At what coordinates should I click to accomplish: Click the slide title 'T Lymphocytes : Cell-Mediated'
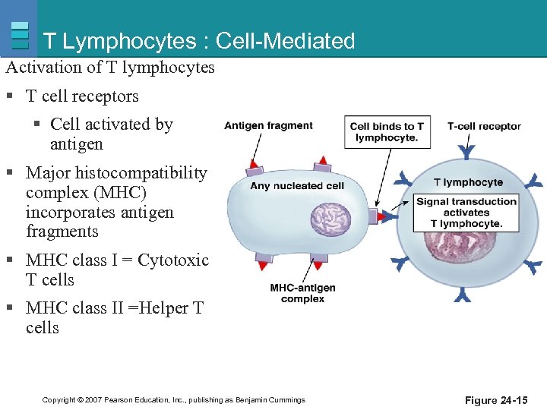199,40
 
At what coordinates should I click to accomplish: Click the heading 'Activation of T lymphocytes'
110,68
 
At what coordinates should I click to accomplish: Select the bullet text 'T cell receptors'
82,96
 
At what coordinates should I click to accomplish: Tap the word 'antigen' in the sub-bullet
76,144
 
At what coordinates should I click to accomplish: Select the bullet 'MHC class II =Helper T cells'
114,318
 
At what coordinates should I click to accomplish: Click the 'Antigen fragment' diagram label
268,126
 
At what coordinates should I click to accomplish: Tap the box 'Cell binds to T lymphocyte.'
387,132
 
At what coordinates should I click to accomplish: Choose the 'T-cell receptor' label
484,126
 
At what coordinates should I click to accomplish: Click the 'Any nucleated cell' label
297,185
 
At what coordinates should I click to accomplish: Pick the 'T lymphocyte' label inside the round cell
468,182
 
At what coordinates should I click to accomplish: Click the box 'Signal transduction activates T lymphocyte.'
466,213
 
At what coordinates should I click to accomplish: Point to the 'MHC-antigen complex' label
302,293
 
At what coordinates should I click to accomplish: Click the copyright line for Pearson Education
174,399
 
